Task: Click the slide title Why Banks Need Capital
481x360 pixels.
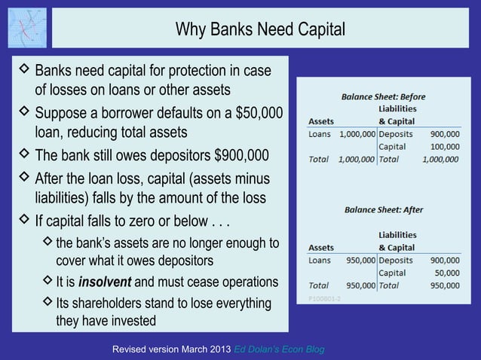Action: click(260, 29)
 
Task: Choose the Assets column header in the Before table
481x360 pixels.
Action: click(323, 121)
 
